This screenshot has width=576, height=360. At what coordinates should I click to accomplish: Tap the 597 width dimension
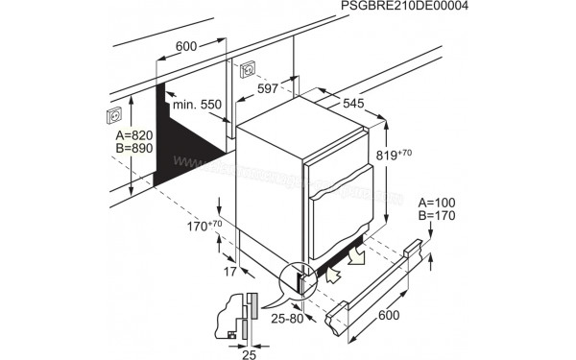[268, 89]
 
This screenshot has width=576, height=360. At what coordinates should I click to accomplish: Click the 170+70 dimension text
[204, 226]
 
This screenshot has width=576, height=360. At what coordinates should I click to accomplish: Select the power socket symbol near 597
[247, 69]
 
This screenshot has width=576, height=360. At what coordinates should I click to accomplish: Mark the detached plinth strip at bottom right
[374, 288]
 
